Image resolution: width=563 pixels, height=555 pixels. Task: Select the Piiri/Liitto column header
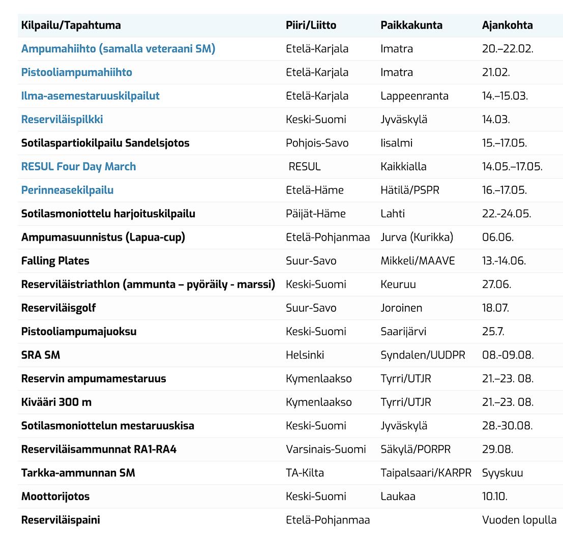(x=311, y=25)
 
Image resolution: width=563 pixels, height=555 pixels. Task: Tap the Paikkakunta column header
(x=411, y=25)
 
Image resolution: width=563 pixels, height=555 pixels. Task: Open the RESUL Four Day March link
(x=78, y=166)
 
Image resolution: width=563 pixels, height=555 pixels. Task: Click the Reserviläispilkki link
(x=62, y=120)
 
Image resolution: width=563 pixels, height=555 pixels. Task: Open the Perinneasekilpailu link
(x=67, y=190)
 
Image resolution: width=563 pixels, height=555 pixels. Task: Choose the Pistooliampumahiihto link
(x=76, y=72)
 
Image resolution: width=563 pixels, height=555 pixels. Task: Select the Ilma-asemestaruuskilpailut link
(x=90, y=96)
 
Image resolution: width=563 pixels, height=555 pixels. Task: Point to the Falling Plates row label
(x=55, y=261)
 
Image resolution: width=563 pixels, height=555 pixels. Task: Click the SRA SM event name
(x=41, y=355)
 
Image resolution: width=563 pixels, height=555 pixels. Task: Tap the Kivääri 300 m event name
(x=56, y=402)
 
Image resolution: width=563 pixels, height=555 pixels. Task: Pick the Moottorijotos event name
(x=55, y=496)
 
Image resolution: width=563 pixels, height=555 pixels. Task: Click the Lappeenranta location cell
(x=414, y=96)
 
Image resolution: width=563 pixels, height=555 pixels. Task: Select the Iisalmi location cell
(x=396, y=143)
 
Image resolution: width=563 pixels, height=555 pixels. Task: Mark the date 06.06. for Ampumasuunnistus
(x=497, y=237)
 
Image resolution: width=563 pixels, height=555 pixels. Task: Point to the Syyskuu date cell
(x=502, y=473)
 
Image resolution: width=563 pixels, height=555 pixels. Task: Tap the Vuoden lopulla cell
(x=519, y=520)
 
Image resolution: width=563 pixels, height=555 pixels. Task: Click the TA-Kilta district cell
(x=305, y=473)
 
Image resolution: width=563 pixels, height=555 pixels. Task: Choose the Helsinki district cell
(x=305, y=355)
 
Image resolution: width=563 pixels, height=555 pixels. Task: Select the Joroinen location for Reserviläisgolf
(x=401, y=308)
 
